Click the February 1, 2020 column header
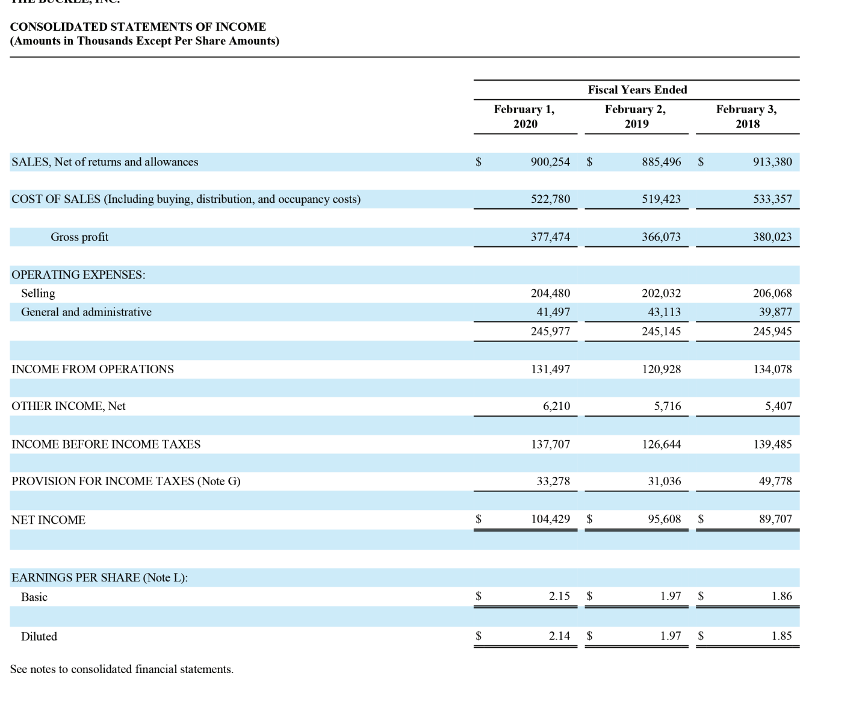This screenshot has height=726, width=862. [524, 116]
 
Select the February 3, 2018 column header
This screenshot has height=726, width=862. [746, 116]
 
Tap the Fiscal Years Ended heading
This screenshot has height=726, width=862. [637, 90]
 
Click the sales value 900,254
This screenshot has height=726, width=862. [550, 162]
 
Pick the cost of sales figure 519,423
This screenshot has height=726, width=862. [661, 199]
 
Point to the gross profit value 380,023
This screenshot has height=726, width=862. [772, 237]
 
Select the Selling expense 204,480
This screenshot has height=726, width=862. [550, 293]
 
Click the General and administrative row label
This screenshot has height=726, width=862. [86, 312]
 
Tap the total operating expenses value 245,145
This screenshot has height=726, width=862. [661, 331]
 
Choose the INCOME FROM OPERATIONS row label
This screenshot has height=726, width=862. [93, 369]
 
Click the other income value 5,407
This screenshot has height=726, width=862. [778, 406]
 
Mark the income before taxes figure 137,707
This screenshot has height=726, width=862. [550, 444]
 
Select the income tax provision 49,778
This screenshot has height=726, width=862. [775, 481]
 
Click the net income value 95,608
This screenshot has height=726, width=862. [664, 519]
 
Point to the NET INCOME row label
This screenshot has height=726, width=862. [48, 520]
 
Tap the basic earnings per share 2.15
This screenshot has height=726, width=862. [559, 596]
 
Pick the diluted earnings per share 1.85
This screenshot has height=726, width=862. [781, 636]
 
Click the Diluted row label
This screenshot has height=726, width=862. [39, 636]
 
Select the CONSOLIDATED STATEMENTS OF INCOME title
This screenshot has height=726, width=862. [138, 27]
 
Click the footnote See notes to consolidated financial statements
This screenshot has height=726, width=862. [122, 669]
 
